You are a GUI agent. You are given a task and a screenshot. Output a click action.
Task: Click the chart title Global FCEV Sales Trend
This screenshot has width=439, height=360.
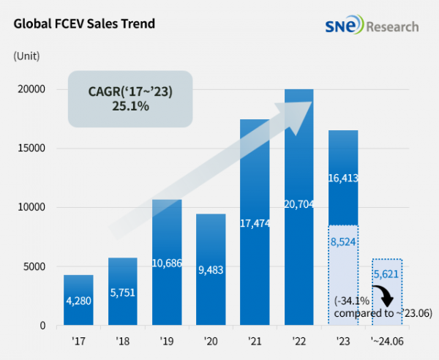(x=84, y=23)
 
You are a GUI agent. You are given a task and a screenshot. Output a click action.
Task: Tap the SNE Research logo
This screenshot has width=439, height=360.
(x=372, y=26)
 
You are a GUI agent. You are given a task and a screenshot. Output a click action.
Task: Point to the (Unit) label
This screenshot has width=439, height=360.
(x=26, y=55)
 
